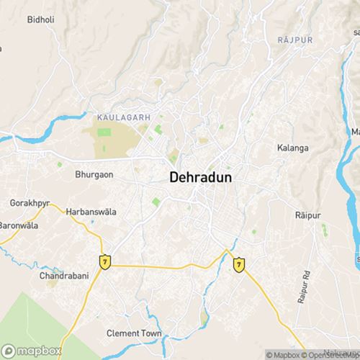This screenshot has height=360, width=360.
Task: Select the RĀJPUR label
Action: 294,40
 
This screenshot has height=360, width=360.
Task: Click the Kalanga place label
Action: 292,148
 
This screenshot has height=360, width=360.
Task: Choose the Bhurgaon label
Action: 94,174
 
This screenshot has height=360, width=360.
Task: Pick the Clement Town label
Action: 134,333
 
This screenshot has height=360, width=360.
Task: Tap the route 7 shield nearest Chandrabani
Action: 106,261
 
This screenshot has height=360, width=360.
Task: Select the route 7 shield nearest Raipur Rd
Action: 238,265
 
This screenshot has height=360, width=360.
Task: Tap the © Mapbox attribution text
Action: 283,354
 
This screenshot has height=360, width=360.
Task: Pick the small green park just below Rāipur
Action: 324,230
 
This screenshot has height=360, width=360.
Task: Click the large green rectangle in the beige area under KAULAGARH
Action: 104,133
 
